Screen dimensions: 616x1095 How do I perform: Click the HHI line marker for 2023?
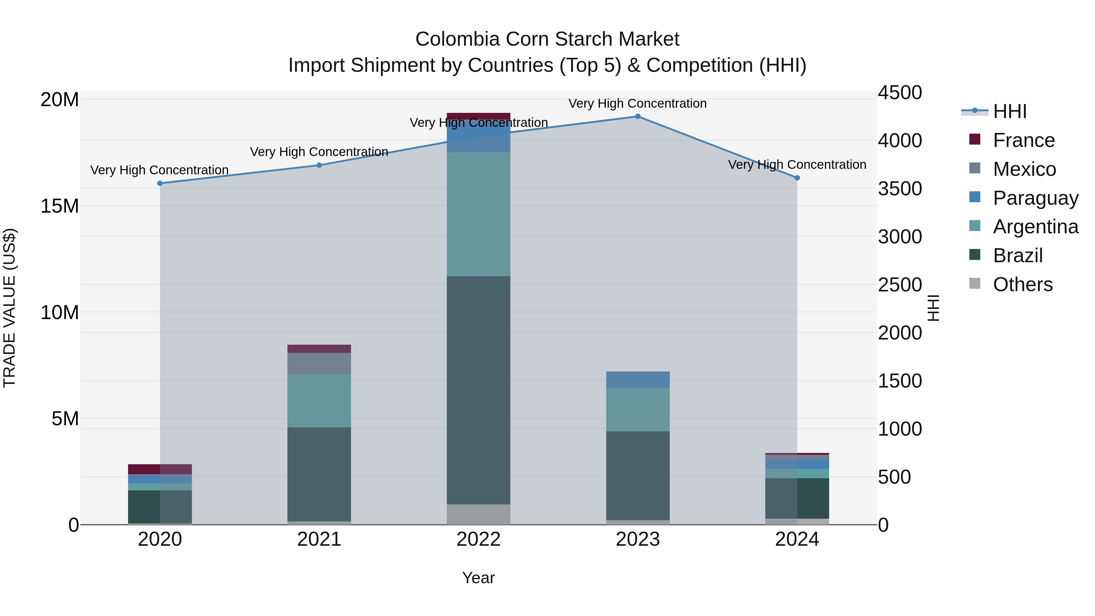pos(638,116)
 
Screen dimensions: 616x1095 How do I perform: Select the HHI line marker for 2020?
pos(160,183)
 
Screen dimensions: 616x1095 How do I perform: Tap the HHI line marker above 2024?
pos(797,178)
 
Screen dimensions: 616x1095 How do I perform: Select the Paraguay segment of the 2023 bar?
pos(638,379)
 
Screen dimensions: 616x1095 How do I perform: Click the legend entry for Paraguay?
pos(1035,198)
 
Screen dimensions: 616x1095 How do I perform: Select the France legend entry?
pos(1024,140)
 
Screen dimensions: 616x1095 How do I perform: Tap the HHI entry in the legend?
pos(1010,111)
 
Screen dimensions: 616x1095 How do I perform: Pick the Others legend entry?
pos(1022,284)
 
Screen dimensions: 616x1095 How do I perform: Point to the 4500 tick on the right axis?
pos(900,93)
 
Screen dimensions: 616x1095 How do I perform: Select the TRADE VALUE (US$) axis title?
pos(9,308)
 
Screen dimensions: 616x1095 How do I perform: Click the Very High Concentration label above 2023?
pos(638,103)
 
